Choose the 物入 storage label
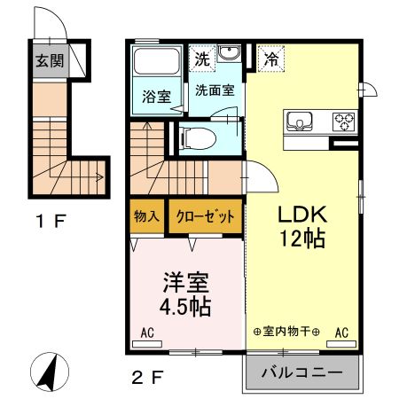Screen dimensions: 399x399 coord(146,216)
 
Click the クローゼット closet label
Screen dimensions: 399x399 coord(204,216)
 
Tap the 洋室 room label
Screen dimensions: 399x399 coord(185,286)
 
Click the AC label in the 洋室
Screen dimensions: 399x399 coord(148,333)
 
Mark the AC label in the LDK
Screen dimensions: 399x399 coord(340,333)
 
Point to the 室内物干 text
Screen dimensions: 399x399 coord(286,332)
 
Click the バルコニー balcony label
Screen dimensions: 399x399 coord(301,373)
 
